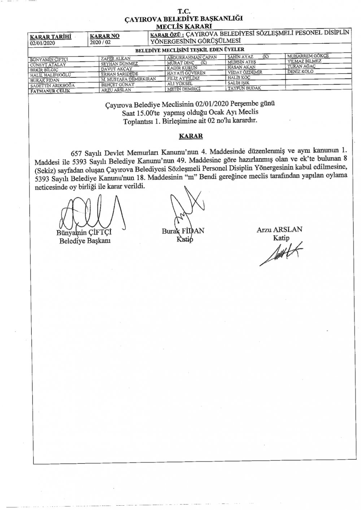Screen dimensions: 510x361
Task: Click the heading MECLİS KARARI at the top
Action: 184,26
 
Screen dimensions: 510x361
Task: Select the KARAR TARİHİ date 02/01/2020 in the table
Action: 43,42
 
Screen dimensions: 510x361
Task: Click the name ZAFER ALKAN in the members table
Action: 116,58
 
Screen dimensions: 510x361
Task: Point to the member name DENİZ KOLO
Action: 300,72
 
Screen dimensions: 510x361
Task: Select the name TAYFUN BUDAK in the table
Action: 244,88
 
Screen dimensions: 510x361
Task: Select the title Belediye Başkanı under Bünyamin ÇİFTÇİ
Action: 85,241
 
